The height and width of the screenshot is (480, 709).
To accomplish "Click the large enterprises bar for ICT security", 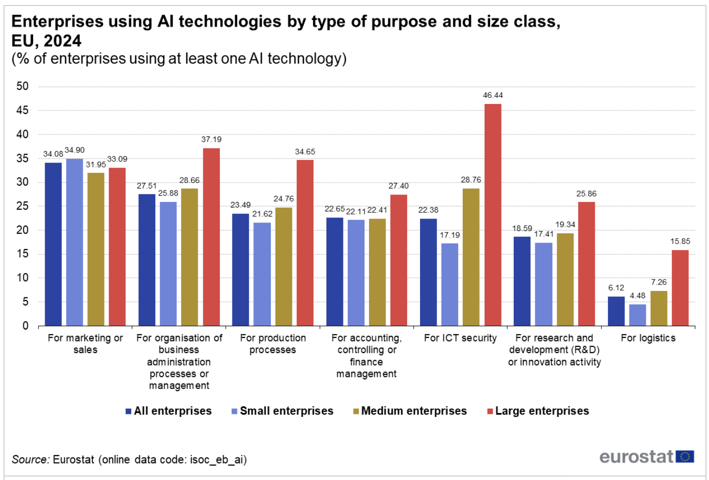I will [x=493, y=215].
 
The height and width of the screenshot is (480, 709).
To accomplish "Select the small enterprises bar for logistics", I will [x=637, y=315].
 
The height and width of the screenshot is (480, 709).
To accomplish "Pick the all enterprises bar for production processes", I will [x=240, y=269].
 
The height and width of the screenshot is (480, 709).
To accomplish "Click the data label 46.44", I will [x=493, y=95].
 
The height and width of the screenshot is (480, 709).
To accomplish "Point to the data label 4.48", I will [x=637, y=295].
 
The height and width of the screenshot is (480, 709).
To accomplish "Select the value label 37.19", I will [x=211, y=139].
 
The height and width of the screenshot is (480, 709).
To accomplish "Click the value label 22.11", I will [x=356, y=211].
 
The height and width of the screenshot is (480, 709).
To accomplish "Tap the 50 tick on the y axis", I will [x=23, y=86].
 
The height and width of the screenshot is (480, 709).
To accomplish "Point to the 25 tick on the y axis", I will [x=23, y=206].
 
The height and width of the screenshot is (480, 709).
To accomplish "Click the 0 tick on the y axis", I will [x=25, y=326].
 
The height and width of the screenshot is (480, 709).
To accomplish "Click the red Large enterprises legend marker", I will [x=490, y=411].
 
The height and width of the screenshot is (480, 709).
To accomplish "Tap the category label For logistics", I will [x=648, y=338].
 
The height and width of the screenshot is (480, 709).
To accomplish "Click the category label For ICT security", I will [x=460, y=338].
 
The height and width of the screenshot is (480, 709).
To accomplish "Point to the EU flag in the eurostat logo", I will [x=684, y=456].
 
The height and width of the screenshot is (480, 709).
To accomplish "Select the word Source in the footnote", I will [x=30, y=459].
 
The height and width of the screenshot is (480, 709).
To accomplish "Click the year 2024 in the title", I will [x=63, y=40].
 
